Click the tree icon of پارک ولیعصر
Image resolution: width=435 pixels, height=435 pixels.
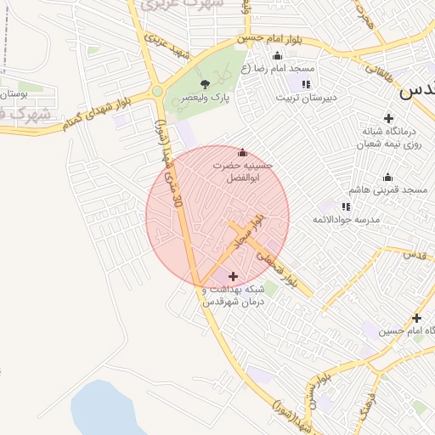click(205, 83)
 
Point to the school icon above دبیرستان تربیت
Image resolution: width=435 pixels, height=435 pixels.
click(306, 84)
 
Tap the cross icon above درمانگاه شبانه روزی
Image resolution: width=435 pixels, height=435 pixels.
click(389, 118)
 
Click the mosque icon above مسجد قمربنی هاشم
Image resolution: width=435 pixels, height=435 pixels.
click(388, 177)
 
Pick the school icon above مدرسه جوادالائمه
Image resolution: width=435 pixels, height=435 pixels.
click(346, 206)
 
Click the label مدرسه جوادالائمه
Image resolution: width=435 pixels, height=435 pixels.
click(345, 220)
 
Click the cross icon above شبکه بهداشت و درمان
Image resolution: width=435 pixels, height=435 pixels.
click(234, 276)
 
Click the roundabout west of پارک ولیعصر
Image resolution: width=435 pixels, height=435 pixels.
click(157, 92)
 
